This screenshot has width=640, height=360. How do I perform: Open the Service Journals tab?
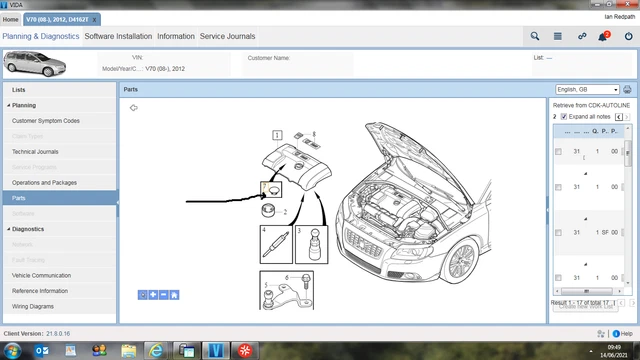point(227,36)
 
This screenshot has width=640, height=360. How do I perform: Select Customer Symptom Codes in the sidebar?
point(46,120)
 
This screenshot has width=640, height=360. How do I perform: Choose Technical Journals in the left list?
point(36,152)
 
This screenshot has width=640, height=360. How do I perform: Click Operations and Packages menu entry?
point(44,183)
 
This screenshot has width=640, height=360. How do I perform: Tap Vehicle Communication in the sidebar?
point(41,275)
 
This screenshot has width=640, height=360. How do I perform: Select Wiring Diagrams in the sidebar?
point(33,306)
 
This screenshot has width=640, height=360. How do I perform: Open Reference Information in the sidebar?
point(40,291)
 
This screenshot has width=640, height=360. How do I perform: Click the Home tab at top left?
point(11,19)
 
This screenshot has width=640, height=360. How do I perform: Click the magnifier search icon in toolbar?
point(535,36)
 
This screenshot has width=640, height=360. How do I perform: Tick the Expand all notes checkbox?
point(564,117)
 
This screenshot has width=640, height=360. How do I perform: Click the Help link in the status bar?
point(622,333)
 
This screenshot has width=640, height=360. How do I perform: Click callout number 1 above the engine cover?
point(277,134)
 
